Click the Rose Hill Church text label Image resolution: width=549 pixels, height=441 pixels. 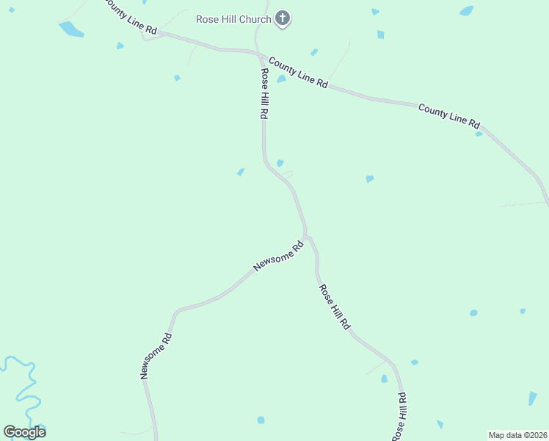pos(233,19)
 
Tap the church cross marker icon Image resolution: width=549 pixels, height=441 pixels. pos(283,18)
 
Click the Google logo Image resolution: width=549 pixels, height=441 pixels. pos(24,431)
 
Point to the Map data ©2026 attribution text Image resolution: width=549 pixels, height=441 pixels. pos(518,435)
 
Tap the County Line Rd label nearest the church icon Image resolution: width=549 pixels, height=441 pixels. pos(298,73)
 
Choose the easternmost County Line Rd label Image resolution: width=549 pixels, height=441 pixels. pos(448,115)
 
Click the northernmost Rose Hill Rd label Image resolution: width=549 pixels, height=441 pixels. pos(263,94)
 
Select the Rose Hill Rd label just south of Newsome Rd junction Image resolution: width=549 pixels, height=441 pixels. pos(334,306)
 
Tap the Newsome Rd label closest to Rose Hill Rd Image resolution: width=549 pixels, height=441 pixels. pos(278,257)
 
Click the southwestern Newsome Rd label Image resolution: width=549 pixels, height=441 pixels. pos(156,356)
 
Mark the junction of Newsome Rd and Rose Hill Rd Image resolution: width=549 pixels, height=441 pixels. pos(306,237)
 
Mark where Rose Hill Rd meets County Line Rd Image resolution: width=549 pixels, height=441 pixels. pos(259,54)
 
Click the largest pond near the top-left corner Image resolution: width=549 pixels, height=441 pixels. pos(70,29)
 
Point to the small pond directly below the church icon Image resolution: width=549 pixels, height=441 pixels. pos(281,79)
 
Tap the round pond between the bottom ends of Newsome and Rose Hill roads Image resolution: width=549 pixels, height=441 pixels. pos(261,420)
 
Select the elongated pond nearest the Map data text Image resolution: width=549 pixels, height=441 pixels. pos(532,398)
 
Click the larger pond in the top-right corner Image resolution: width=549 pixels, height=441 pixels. pos(466,11)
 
